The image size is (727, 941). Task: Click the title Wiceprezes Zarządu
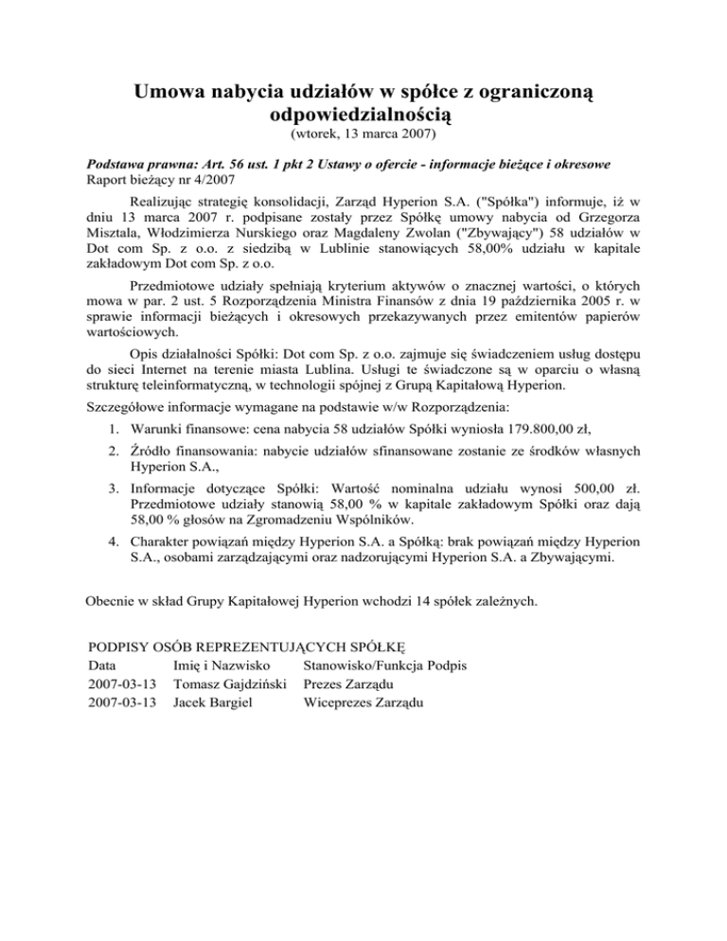[x=363, y=702]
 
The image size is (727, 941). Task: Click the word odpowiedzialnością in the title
[x=363, y=116]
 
